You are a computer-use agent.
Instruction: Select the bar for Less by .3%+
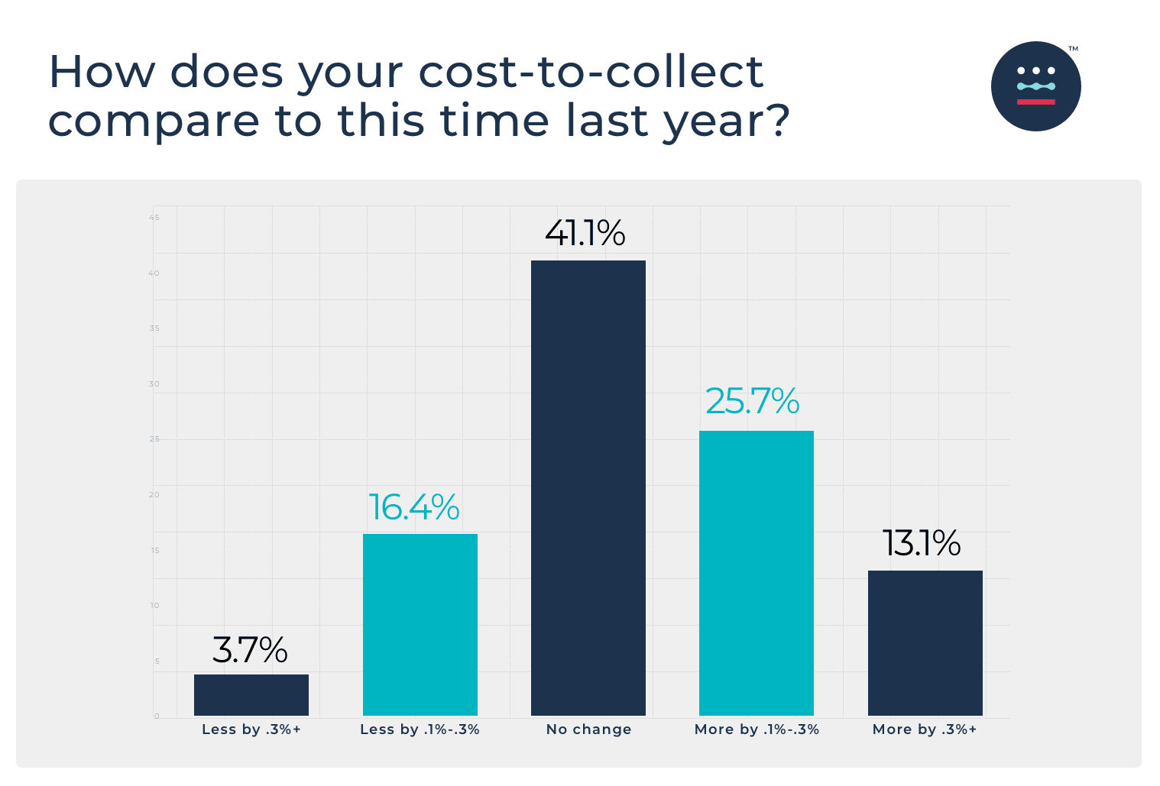click(x=251, y=694)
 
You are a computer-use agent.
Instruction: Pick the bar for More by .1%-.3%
click(x=756, y=573)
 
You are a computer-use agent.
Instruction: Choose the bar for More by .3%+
click(x=925, y=642)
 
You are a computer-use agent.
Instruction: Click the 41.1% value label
click(x=585, y=233)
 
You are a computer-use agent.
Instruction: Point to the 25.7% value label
click(x=752, y=401)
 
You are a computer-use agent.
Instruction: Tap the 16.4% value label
click(x=414, y=507)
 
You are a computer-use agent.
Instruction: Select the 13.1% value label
click(x=922, y=543)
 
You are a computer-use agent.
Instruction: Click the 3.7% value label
click(x=250, y=650)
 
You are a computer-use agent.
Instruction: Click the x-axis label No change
click(x=588, y=729)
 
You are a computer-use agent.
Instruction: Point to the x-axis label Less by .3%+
click(x=251, y=729)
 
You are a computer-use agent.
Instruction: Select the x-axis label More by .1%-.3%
click(x=757, y=729)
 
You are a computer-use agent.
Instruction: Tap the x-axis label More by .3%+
click(x=925, y=729)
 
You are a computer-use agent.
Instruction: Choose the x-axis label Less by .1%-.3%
click(x=420, y=729)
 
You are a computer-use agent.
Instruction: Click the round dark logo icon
click(x=1035, y=86)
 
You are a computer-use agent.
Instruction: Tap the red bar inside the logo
click(x=1035, y=102)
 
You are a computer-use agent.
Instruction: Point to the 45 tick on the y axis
click(x=154, y=218)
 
